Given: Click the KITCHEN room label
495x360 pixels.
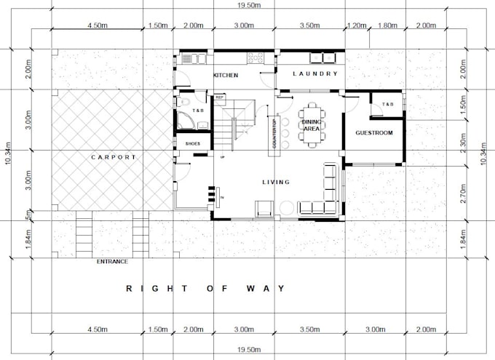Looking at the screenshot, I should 226,76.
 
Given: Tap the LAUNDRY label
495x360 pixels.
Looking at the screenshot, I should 315,73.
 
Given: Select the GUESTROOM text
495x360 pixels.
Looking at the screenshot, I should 373,133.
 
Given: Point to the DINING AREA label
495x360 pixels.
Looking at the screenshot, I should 311,125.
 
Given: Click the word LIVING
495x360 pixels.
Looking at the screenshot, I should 276,182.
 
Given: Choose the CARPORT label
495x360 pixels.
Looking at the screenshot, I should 114,156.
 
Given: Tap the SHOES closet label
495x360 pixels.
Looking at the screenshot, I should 192,144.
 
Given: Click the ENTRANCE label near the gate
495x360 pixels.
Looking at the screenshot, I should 112,261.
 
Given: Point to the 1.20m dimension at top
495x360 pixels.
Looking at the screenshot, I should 356,25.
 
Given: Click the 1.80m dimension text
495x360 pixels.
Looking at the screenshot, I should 389,25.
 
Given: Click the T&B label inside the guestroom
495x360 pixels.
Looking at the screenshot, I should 387,105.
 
